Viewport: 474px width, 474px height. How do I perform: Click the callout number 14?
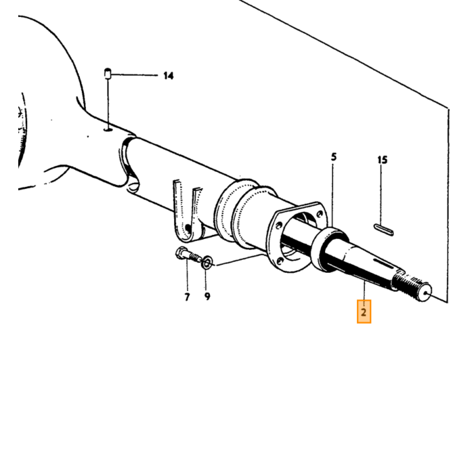(x=169, y=76)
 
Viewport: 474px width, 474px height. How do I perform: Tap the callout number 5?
(x=333, y=157)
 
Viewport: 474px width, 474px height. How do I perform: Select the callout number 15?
(x=383, y=160)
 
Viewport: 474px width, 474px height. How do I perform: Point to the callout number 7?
(x=187, y=297)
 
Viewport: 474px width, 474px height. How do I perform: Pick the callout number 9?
(x=207, y=297)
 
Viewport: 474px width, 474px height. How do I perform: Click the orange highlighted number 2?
(x=364, y=311)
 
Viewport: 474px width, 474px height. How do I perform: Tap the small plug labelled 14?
(x=108, y=73)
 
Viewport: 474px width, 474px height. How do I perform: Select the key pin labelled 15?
(x=384, y=230)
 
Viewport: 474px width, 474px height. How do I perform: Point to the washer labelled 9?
(x=207, y=262)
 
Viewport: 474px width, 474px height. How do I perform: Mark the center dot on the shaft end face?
(x=426, y=293)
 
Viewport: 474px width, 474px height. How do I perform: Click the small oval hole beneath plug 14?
(x=108, y=130)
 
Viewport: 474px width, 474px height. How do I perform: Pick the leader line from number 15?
(x=381, y=195)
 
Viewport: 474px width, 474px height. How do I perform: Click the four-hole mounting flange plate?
(x=298, y=237)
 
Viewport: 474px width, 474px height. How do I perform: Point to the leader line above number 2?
(x=364, y=290)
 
